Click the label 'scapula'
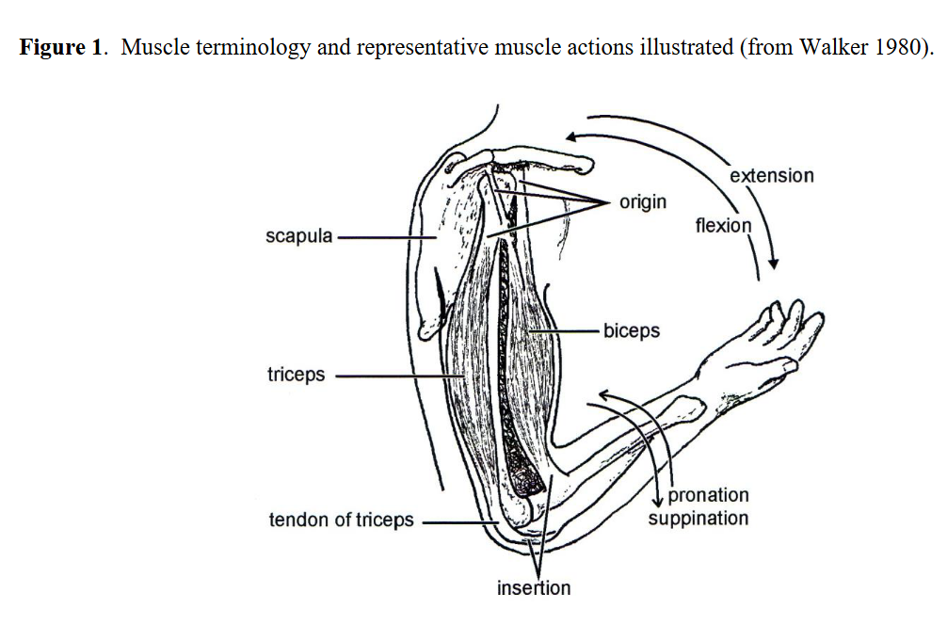click(x=298, y=235)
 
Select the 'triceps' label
click(x=296, y=375)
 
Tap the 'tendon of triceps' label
click(x=341, y=520)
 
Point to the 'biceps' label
click(x=632, y=331)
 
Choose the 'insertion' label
click(x=534, y=588)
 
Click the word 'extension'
click(x=771, y=175)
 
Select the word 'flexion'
click(x=723, y=226)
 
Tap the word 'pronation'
click(x=708, y=495)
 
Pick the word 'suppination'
click(x=698, y=519)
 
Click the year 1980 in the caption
click(x=898, y=48)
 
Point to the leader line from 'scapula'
click(x=386, y=236)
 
